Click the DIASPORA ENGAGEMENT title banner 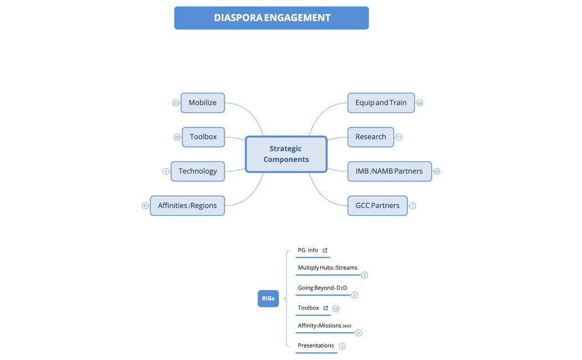point(272,18)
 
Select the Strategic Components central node point(286,154)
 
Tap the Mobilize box point(202,103)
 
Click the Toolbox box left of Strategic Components point(203,137)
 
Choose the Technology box point(198,171)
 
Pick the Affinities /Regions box point(187,206)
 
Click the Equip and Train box point(381,103)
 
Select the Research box point(371,137)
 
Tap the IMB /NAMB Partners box point(389,171)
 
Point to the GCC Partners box point(377,206)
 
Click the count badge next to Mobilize point(176,103)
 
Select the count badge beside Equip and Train point(420,103)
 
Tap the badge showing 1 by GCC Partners point(412,206)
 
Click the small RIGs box point(268,298)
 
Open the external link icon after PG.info point(325,251)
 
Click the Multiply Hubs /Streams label point(328,268)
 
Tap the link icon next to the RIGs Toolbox point(326,308)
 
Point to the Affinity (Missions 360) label point(324,326)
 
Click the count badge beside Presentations point(342,347)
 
